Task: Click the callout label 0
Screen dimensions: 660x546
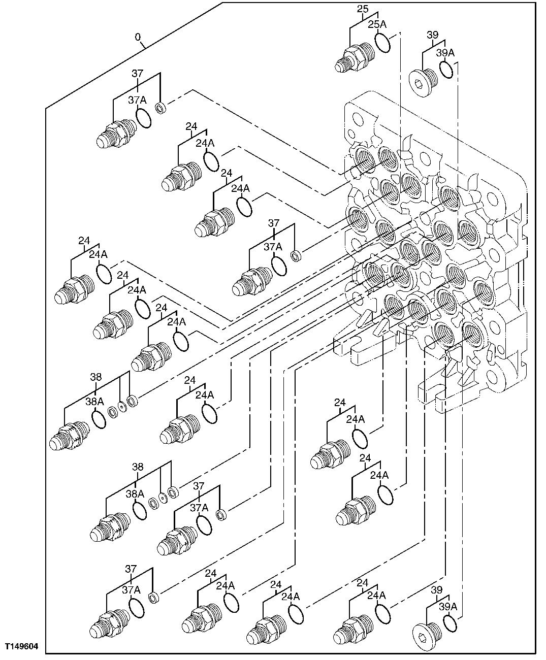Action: [137, 37]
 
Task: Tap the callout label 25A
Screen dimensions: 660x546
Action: [377, 24]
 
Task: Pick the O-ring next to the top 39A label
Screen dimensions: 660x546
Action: [446, 71]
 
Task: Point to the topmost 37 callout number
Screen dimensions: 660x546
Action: [138, 73]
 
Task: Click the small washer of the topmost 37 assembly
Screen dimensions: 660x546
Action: [161, 108]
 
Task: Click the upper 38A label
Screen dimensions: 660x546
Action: [94, 401]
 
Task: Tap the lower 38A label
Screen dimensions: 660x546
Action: [135, 493]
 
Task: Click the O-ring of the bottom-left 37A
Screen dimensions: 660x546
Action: [136, 607]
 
